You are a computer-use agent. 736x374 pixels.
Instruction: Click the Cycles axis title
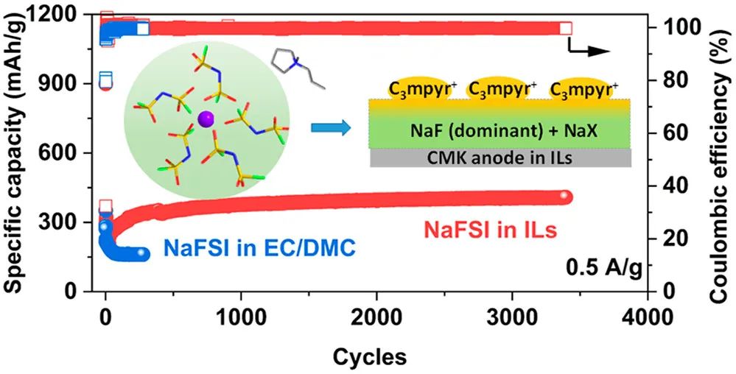[x=369, y=357]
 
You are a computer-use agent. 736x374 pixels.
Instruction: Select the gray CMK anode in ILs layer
[x=500, y=158]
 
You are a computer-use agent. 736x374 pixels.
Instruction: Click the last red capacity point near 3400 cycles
[x=564, y=197]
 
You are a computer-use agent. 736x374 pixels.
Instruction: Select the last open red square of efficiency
[x=565, y=28]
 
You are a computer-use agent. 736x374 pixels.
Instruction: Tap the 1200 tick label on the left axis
[x=67, y=14]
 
